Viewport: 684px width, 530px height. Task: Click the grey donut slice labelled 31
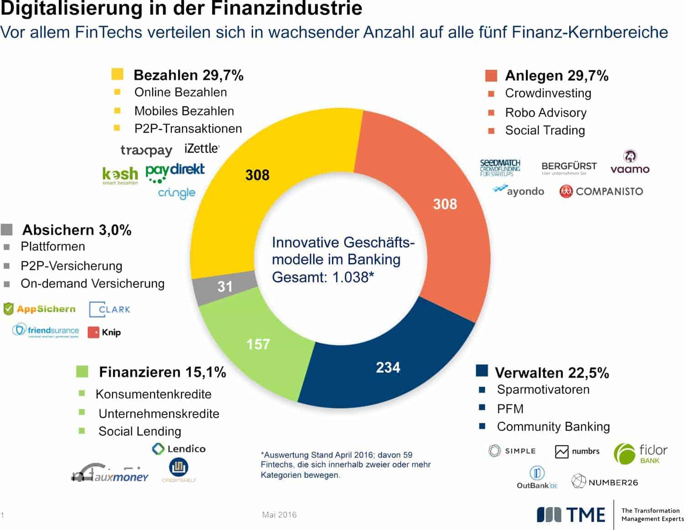223,287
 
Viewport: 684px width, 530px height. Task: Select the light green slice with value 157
258,344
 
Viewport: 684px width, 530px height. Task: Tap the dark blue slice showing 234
388,368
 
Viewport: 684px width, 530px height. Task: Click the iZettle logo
202,149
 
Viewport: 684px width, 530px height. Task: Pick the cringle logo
176,193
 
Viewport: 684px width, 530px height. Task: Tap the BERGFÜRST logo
569,167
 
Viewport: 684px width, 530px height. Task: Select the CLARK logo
109,310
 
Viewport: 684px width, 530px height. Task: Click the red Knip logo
104,333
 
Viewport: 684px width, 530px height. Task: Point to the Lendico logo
179,449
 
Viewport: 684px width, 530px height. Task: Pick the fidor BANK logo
641,453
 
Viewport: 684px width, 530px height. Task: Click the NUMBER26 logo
605,482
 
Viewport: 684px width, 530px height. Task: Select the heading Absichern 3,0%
77,230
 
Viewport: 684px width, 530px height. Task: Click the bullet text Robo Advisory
545,113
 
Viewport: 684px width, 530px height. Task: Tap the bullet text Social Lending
140,431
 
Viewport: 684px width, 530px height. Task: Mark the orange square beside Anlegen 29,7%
491,76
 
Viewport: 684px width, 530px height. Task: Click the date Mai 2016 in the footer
279,515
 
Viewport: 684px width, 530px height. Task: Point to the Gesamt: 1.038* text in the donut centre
323,277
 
